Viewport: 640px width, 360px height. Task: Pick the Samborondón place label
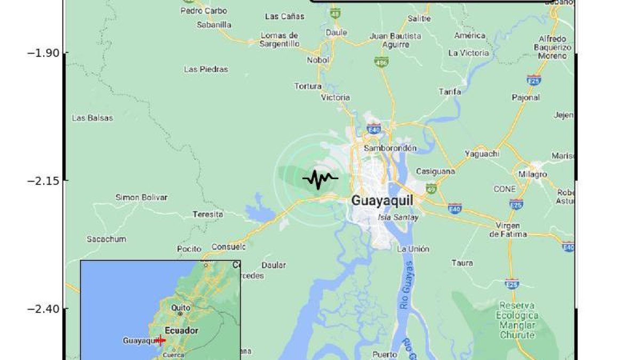point(390,148)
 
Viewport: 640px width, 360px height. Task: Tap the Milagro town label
point(532,174)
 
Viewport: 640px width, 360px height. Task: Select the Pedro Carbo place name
point(203,11)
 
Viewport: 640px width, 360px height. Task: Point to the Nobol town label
point(318,60)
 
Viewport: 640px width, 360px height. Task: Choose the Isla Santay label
point(398,217)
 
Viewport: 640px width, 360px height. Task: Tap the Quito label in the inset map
point(180,308)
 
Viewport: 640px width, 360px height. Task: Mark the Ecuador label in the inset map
point(181,330)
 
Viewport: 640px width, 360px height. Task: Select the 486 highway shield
point(380,62)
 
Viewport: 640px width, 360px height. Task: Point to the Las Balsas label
point(92,118)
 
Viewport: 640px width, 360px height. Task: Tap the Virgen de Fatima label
point(508,229)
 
